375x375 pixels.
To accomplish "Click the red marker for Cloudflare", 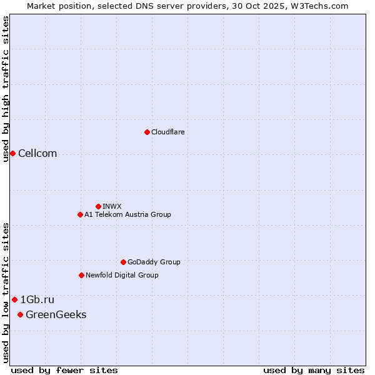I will click(147, 132).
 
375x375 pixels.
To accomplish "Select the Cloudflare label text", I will click(167, 132).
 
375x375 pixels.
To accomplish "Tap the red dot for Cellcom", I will click(12, 154).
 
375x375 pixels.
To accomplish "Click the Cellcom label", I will click(37, 154).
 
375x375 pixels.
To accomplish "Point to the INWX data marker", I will click(98, 206).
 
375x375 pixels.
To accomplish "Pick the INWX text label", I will click(112, 206).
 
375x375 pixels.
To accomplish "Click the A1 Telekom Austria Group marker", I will click(80, 215).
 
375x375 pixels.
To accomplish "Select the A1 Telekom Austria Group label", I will click(127, 215).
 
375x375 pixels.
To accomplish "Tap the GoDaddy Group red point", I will click(123, 262).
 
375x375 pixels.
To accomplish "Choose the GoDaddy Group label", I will click(154, 262).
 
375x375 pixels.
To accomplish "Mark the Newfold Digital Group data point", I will click(81, 276).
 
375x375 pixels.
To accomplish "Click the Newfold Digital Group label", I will click(122, 276).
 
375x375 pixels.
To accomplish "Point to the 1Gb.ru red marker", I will click(14, 300).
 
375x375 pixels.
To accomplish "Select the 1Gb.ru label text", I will click(37, 300).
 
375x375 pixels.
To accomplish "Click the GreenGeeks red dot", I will click(20, 315).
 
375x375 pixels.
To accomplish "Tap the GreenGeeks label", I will click(56, 315).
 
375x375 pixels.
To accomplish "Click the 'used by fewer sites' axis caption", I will click(64, 370).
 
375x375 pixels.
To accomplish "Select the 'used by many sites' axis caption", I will click(314, 370).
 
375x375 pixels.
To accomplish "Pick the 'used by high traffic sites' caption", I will click(6, 89).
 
